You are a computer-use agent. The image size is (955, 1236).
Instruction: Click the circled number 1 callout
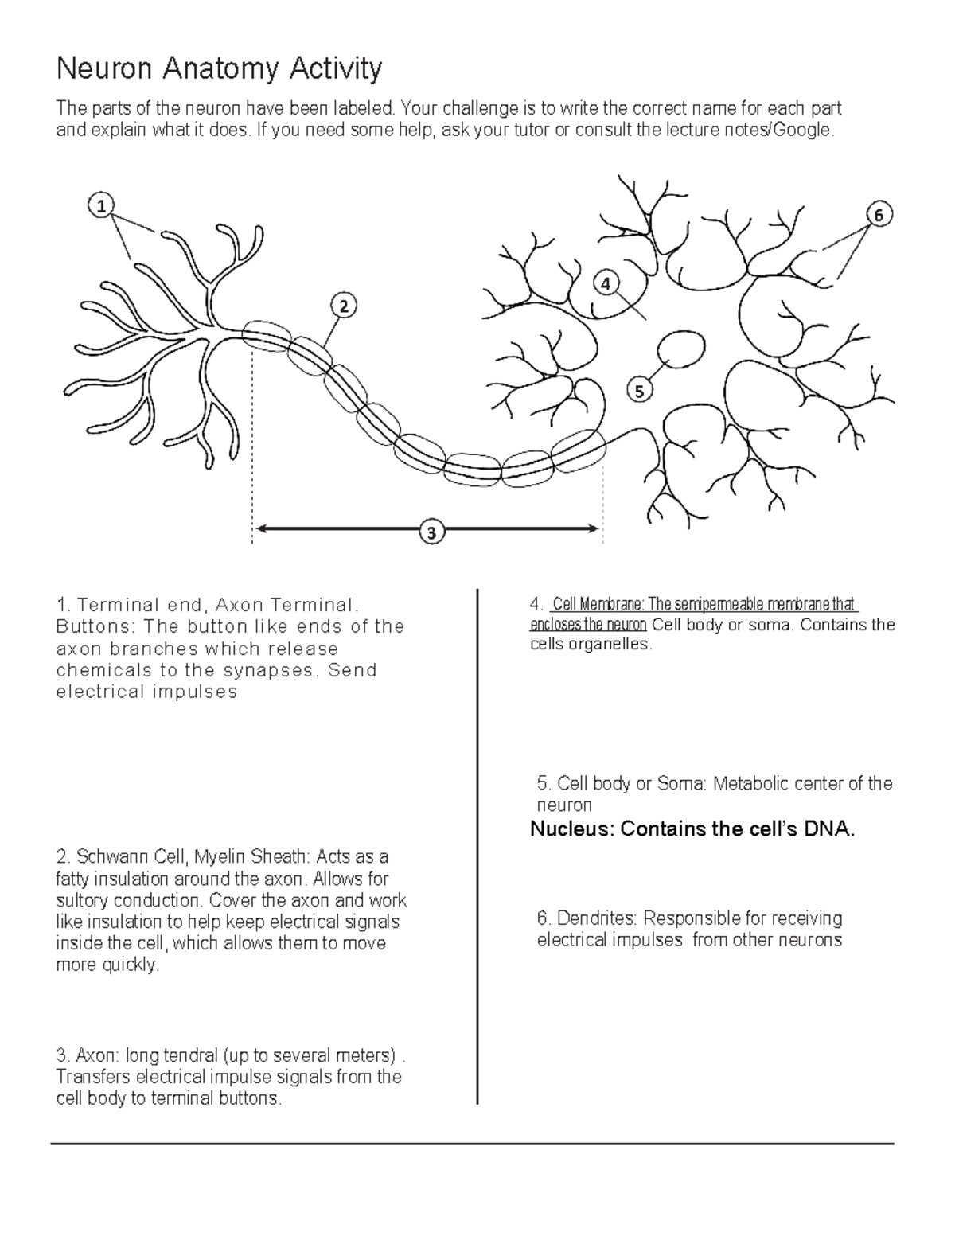tap(101, 205)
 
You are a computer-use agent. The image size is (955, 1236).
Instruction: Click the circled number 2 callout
tap(343, 306)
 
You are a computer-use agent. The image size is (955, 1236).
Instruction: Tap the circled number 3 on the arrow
tap(431, 532)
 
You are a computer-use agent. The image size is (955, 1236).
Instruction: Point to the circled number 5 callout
tap(639, 390)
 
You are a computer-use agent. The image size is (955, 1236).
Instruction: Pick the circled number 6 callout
tap(878, 215)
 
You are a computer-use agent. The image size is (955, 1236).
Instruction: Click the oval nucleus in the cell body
tap(680, 350)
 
